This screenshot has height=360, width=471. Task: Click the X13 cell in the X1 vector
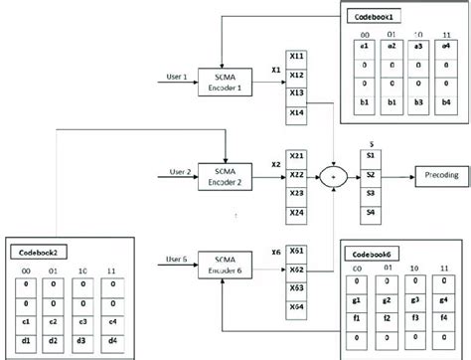point(295,91)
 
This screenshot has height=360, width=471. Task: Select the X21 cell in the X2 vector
point(295,156)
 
